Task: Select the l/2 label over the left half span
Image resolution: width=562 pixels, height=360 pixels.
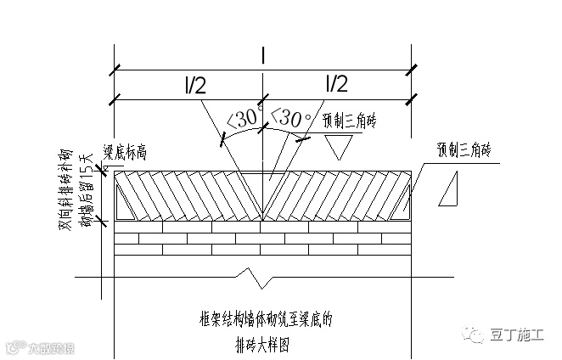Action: point(194,84)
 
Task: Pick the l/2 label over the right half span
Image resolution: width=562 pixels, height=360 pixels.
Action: point(336,84)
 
